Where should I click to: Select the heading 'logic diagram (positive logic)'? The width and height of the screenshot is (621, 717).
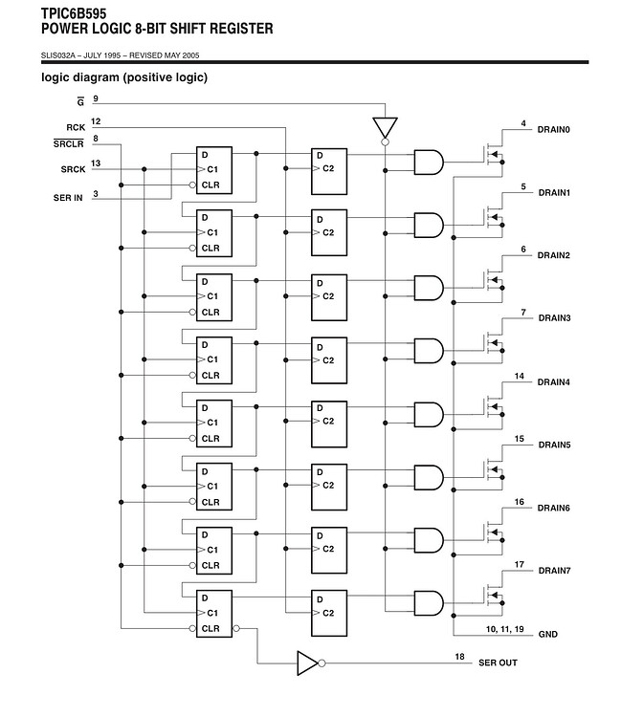(x=124, y=77)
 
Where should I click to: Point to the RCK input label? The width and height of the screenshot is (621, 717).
(x=76, y=127)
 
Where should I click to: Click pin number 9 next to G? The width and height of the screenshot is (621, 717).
(x=96, y=99)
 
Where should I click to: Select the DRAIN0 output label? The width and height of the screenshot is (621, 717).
(x=554, y=129)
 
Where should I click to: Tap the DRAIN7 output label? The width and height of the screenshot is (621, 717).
(x=554, y=571)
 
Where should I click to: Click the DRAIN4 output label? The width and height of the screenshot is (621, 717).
(x=554, y=382)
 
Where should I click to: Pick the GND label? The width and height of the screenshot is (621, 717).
(x=547, y=634)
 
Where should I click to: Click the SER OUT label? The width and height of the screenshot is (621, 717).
(x=498, y=663)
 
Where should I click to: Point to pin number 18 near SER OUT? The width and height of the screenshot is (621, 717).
(x=459, y=657)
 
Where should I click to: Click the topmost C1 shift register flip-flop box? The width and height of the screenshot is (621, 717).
(x=214, y=169)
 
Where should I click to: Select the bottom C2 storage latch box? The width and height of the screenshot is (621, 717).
(x=330, y=611)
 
